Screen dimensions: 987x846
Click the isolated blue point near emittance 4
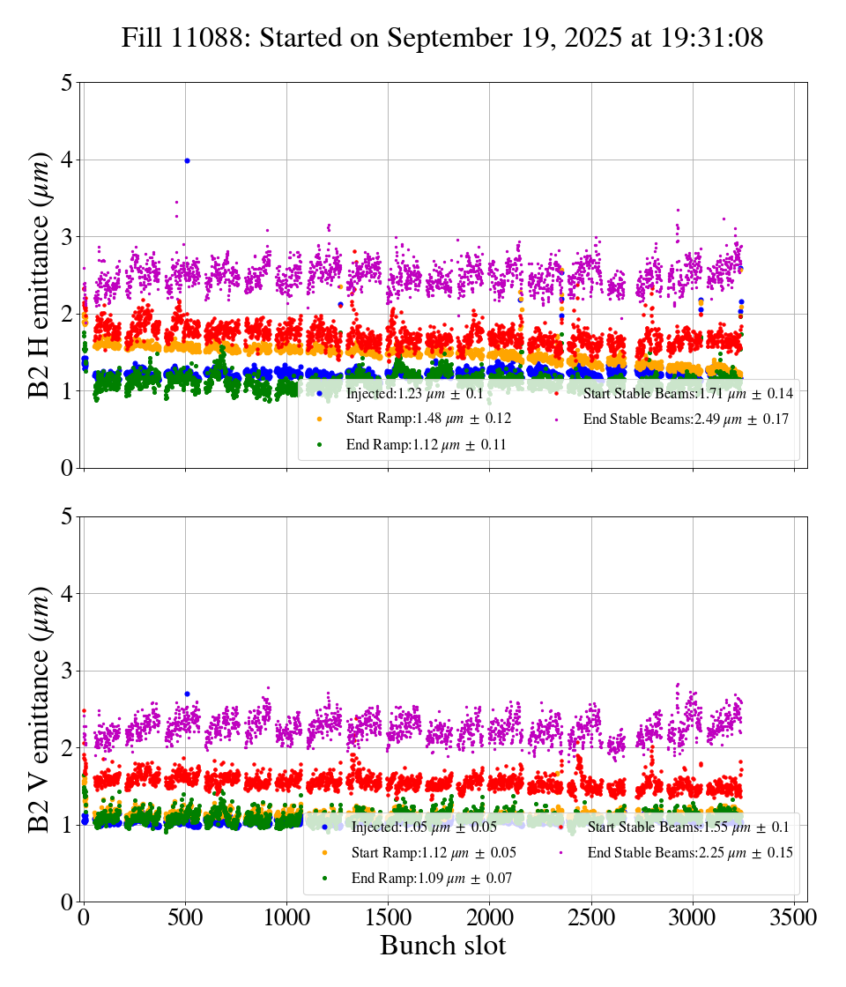click(187, 160)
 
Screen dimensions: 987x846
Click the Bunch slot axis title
click(443, 946)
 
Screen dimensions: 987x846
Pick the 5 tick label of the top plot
click(67, 83)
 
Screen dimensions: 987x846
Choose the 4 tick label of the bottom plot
click(67, 594)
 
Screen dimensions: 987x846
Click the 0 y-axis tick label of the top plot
click(67, 468)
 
